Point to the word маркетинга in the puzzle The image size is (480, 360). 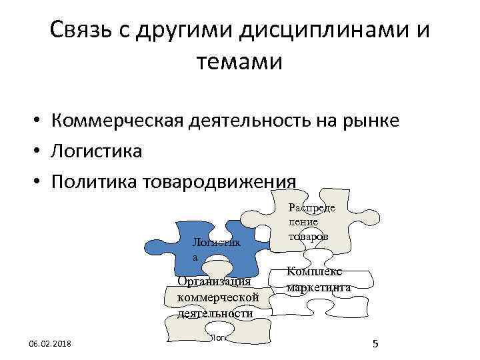tap(318, 288)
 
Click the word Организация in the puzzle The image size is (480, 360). tap(211, 281)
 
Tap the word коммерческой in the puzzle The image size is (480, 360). tap(214, 297)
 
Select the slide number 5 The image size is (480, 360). tap(375, 344)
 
